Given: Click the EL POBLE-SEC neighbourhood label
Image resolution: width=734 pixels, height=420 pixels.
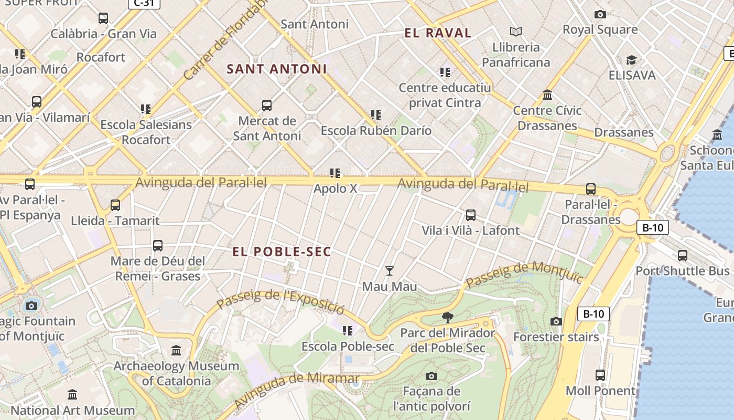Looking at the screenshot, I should pos(282,252).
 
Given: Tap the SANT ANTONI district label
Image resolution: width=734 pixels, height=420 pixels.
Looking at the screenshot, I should pos(276,69).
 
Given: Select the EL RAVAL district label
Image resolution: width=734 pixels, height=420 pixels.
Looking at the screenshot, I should pos(438,33).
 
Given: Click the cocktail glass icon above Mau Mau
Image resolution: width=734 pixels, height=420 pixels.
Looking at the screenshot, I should pos(389,271).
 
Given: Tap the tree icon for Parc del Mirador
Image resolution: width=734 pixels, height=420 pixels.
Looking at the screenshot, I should pos(447,317).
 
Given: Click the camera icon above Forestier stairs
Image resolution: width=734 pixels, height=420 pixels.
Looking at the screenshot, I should pos(556,321).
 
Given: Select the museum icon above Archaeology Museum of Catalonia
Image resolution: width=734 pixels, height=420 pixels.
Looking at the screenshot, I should pos(176,350).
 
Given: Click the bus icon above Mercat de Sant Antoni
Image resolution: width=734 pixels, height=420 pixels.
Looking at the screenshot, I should pos(267,106).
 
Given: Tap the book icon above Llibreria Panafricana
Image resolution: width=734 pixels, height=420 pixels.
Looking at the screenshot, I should pos(516,31).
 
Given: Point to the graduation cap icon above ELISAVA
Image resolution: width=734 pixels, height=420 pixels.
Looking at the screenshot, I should pos(631,60).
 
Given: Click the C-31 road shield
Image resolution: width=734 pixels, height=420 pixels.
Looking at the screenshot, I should pos(144,3).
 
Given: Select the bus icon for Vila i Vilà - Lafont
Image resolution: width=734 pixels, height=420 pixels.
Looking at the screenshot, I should pos(470,215).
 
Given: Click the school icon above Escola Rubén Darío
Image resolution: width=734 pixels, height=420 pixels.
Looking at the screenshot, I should pos(375,114).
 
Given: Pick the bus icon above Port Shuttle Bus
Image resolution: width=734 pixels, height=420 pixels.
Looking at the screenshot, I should pos(682,256).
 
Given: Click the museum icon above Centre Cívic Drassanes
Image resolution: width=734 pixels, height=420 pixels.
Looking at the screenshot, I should pos(547,95).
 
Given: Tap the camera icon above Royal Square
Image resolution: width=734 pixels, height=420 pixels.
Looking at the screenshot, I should pos(600,14).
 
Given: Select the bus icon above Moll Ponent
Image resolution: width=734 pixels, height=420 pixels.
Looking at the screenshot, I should pos(600,375).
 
